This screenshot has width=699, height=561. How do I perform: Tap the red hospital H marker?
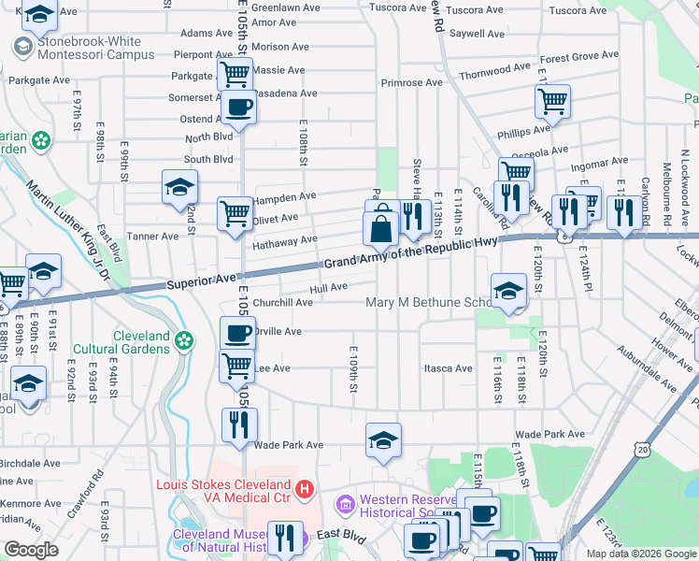pyautogui.click(x=303, y=488)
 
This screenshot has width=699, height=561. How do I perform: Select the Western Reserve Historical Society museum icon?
pyautogui.click(x=346, y=506)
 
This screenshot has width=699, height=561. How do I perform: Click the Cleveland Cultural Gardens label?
pyautogui.click(x=142, y=342)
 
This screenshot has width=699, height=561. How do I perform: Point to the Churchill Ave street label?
pyautogui.click(x=283, y=302)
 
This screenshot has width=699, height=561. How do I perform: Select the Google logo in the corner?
pyautogui.click(x=31, y=550)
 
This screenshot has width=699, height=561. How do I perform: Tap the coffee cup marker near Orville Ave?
pyautogui.click(x=237, y=333)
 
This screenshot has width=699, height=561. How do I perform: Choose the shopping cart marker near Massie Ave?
pyautogui.click(x=235, y=74)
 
